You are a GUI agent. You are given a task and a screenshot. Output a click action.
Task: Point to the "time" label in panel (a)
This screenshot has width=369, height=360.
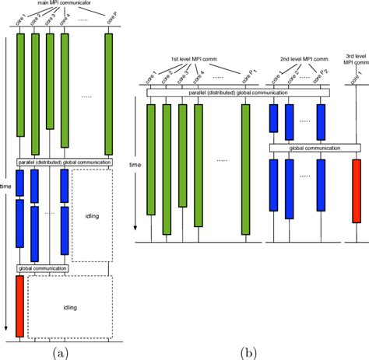click(x=7, y=187)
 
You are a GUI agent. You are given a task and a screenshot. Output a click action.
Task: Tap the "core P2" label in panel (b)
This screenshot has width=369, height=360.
click(x=318, y=78)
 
